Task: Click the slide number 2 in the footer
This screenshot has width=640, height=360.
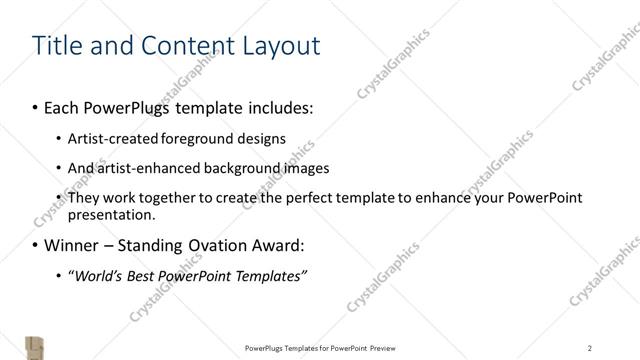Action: [x=590, y=348]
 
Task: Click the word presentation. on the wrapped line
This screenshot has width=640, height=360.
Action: [x=112, y=214]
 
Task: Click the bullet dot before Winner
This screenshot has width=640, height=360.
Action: [x=37, y=245]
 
